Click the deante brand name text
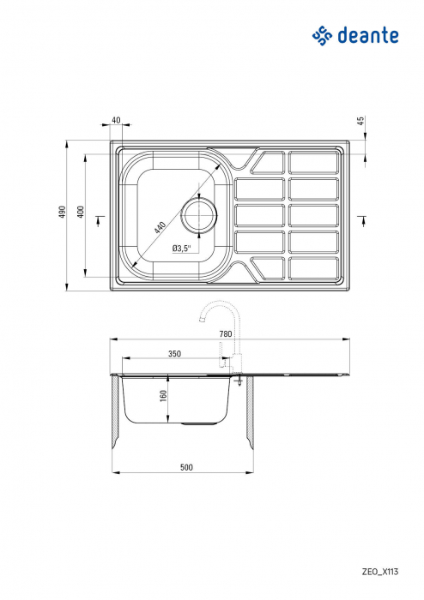pyautogui.click(x=367, y=35)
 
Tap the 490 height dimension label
pyautogui.click(x=61, y=213)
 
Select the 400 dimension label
pyautogui.click(x=80, y=213)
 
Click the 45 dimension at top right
pyautogui.click(x=362, y=122)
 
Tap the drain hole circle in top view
pyautogui.click(x=199, y=214)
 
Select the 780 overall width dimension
pyautogui.click(x=226, y=333)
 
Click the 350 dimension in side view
pyautogui.click(x=174, y=353)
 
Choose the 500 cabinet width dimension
pyautogui.click(x=186, y=467)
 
